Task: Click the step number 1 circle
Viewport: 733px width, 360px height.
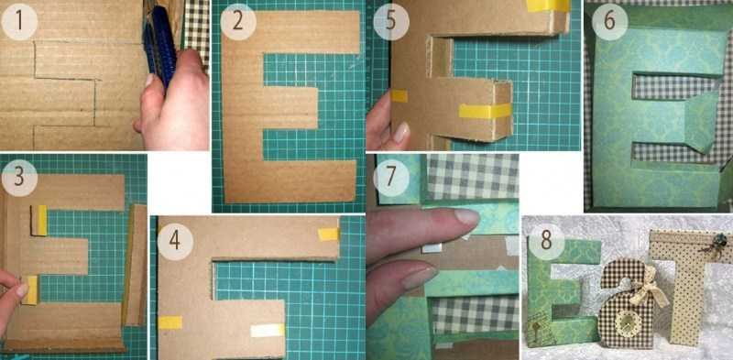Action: coord(19,21)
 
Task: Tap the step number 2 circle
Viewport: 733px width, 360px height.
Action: coord(238,21)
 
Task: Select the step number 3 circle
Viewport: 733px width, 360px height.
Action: coord(19,178)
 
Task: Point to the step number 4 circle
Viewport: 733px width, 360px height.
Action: coord(175,241)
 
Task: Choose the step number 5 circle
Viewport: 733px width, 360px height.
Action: coord(391,21)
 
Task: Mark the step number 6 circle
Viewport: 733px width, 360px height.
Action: coord(609,21)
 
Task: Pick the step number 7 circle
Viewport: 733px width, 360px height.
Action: coord(391,178)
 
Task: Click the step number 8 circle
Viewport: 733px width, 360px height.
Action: coord(546,241)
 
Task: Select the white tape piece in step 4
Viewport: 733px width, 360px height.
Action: coord(268,330)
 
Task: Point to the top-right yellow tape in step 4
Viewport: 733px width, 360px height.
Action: coord(328,234)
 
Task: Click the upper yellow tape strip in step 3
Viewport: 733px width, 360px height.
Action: coord(41,220)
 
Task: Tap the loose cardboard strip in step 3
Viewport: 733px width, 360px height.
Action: coord(135,265)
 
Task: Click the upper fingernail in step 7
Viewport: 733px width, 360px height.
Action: coord(465,217)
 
